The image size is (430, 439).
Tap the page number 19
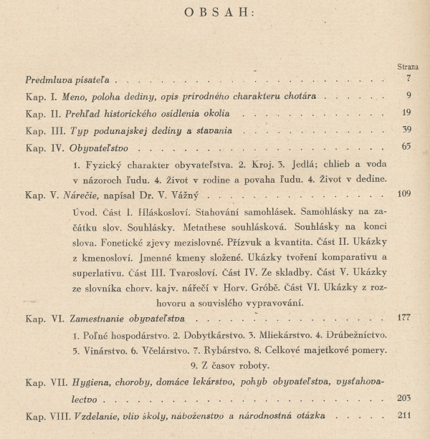click(406, 112)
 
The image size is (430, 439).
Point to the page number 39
click(406, 130)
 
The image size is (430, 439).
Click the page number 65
click(406, 148)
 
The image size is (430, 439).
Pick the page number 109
click(404, 194)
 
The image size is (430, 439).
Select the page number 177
click(404, 318)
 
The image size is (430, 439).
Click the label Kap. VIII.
click(46, 416)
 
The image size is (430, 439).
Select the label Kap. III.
click(41, 131)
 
